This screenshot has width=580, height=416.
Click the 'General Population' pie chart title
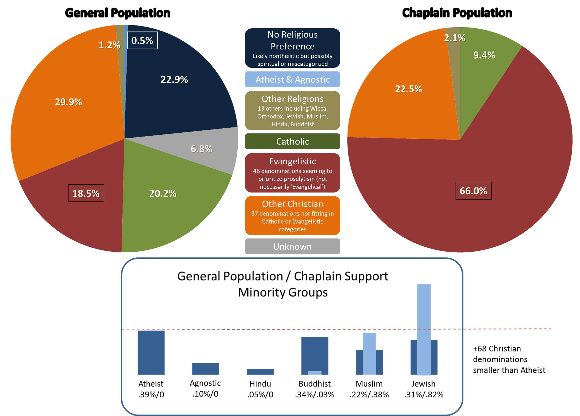(117, 13)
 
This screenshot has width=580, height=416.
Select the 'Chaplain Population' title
(457, 13)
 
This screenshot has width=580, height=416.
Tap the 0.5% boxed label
(142, 40)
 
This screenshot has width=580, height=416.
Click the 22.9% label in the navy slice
(174, 80)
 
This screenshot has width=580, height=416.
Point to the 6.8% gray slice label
(201, 149)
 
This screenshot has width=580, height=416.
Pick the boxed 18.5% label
(86, 193)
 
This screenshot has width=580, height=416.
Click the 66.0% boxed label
(473, 191)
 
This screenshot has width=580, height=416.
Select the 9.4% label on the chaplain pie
(484, 55)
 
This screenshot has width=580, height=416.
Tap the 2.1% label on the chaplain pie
(454, 38)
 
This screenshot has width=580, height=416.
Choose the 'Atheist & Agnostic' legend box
(292, 79)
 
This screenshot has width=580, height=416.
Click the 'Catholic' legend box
(292, 142)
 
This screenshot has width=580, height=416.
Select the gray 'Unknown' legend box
(292, 247)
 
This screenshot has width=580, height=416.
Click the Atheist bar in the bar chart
(151, 352)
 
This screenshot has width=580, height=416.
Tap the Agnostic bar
(206, 368)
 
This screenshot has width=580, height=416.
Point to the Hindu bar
(260, 372)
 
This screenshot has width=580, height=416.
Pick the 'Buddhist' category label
(315, 384)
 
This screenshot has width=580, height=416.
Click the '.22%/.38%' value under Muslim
(369, 394)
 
